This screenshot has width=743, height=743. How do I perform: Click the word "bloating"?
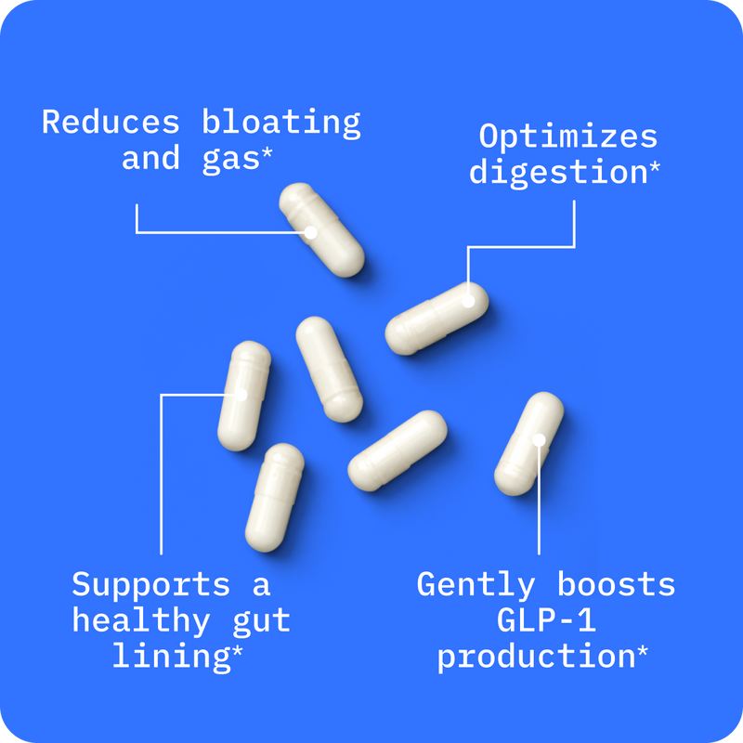(281, 123)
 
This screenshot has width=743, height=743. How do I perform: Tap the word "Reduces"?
(111, 123)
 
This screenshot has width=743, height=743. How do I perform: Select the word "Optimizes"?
(567, 137)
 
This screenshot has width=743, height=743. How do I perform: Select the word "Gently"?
(476, 585)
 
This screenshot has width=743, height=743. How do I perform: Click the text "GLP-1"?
(545, 620)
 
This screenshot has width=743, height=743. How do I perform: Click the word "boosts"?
(616, 585)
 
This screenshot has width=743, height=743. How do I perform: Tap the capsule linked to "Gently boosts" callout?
(529, 444)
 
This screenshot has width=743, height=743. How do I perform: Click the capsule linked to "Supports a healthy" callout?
(243, 396)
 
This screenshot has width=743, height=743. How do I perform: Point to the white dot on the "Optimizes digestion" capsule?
(469, 301)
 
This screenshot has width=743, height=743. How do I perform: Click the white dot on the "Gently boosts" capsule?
(539, 438)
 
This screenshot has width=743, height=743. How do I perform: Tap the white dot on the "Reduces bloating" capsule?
(311, 232)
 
